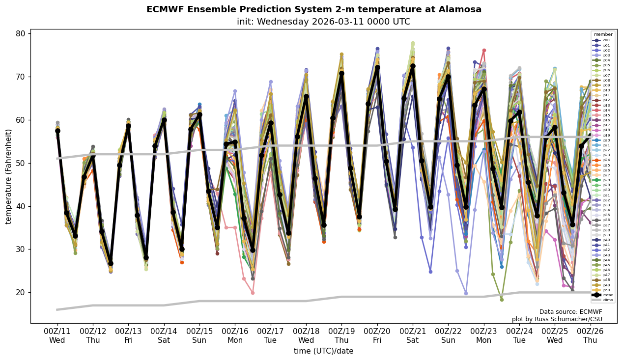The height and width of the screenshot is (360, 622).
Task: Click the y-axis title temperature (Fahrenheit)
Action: click(9, 176)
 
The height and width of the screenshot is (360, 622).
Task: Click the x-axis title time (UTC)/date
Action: click(323, 351)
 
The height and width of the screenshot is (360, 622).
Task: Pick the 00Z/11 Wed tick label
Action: click(57, 336)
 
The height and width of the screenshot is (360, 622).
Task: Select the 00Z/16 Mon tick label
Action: click(235, 336)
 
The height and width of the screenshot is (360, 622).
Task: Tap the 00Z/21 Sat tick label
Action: click(413, 336)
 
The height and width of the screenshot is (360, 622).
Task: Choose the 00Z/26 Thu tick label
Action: click(590, 336)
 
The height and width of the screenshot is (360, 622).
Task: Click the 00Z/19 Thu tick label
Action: click(341, 336)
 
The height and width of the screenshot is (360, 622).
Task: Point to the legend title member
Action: click(603, 34)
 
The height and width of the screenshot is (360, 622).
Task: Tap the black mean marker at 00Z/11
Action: click(57, 131)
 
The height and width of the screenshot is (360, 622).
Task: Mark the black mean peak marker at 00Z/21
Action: click(413, 66)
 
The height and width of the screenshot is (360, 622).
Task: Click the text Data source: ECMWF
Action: click(570, 312)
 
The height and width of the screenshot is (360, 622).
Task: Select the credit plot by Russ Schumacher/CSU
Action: click(557, 319)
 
